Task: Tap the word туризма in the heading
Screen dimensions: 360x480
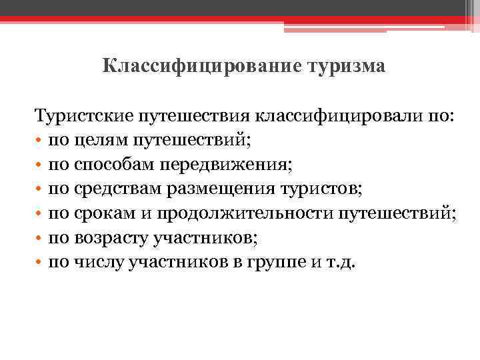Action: click(346, 67)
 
